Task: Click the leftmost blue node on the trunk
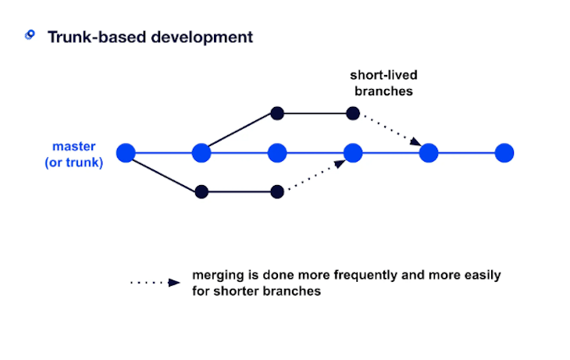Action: pyautogui.click(x=126, y=152)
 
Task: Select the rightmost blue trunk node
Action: pyautogui.click(x=504, y=152)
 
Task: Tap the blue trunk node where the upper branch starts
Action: pyautogui.click(x=201, y=152)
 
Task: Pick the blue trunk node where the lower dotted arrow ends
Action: pyautogui.click(x=353, y=152)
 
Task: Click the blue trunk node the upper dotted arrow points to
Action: pyautogui.click(x=428, y=152)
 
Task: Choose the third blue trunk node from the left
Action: pyautogui.click(x=277, y=152)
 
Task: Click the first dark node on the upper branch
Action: pyautogui.click(x=276, y=113)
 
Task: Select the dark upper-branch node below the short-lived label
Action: pyautogui.click(x=353, y=113)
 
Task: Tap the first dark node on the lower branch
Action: pyautogui.click(x=201, y=191)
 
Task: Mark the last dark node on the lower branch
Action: pyautogui.click(x=276, y=191)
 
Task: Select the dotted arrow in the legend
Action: pyautogui.click(x=156, y=283)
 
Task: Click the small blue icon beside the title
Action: pyautogui.click(x=30, y=35)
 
